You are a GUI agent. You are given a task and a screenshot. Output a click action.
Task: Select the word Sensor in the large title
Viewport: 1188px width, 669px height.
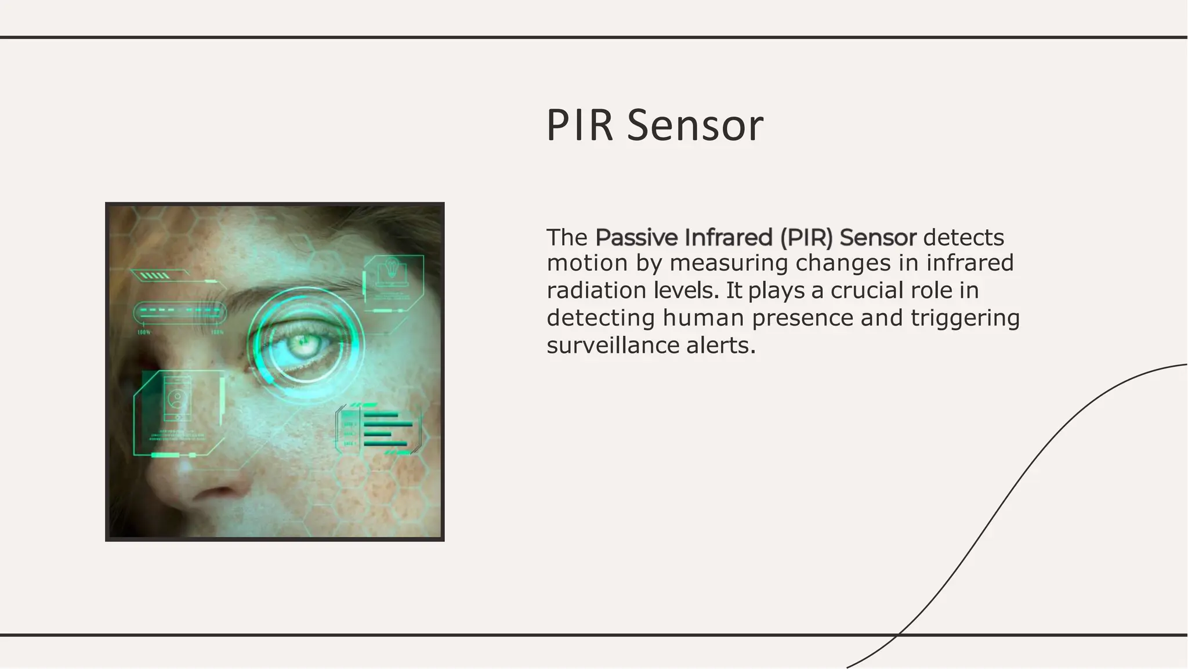[x=695, y=125]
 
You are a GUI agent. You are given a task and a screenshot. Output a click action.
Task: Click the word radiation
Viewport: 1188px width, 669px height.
[x=596, y=290]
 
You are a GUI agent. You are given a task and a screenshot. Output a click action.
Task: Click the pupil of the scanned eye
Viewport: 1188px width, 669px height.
[x=302, y=343]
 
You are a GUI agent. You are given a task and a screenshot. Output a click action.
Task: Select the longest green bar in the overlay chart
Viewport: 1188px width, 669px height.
[x=387, y=424]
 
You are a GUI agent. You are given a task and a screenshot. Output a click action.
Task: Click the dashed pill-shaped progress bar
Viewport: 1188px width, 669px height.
[x=180, y=312]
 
